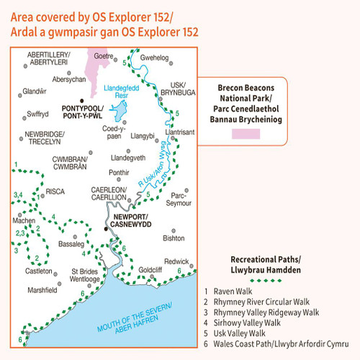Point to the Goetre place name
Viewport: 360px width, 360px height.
pyautogui.click(x=105, y=55)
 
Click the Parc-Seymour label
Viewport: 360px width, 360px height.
pyautogui.click(x=181, y=198)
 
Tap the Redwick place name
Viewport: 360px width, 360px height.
pyautogui.click(x=176, y=261)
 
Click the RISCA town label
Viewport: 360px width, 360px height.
pyautogui.click(x=54, y=192)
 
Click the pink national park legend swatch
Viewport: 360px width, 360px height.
pyautogui.click(x=250, y=135)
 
